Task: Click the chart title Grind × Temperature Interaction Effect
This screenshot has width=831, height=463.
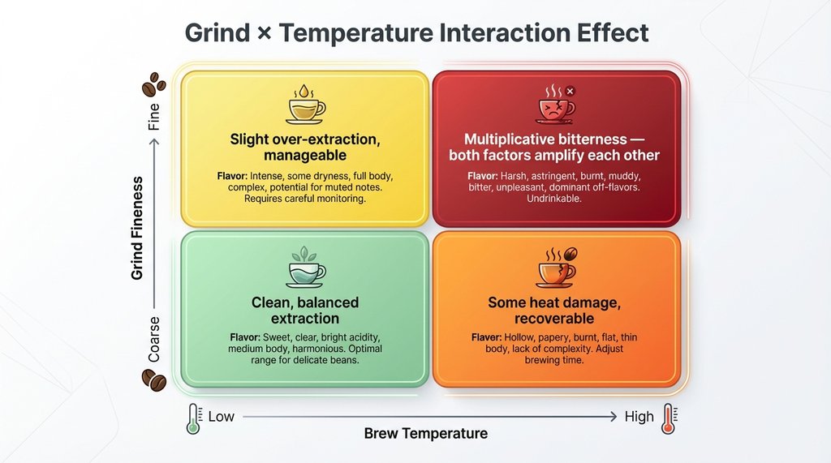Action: [416, 33]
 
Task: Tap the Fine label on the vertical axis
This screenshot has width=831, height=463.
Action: [154, 118]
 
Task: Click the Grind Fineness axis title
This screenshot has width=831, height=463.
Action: [137, 228]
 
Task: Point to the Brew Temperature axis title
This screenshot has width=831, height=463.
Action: [426, 434]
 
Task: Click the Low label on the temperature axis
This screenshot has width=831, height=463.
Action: [221, 417]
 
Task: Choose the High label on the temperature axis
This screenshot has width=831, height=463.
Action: [639, 417]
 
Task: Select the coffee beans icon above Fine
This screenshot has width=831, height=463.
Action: [153, 84]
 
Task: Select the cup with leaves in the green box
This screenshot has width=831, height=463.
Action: [305, 267]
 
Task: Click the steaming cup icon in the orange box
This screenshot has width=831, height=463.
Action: [557, 267]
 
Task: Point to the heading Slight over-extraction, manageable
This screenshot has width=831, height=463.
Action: [304, 148]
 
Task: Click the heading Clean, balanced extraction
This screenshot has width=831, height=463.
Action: [304, 311]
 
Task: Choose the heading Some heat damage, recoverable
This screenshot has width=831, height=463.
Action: [553, 311]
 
